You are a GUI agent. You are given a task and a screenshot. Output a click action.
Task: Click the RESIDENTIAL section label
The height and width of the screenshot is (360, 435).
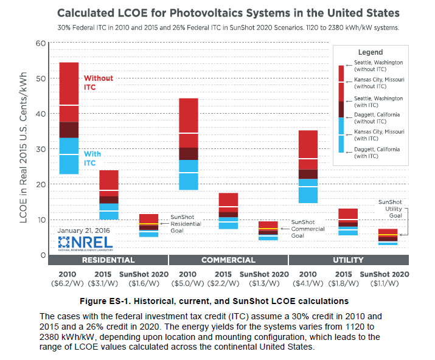(108, 260)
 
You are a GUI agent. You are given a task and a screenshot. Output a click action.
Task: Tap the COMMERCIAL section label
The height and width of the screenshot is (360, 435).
(228, 260)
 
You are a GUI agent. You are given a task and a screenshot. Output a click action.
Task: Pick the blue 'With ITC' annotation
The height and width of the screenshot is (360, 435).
(92, 158)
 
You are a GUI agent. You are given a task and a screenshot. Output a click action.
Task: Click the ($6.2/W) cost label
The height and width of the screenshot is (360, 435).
(69, 284)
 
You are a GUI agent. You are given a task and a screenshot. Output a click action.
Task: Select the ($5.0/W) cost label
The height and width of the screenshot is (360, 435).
(188, 284)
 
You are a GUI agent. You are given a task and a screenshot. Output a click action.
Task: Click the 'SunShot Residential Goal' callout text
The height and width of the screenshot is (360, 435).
(187, 223)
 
